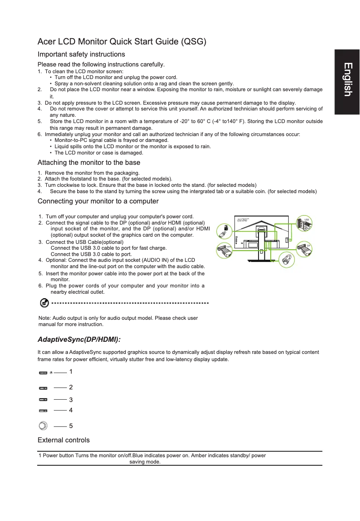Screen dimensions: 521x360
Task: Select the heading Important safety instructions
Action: click(x=81, y=54)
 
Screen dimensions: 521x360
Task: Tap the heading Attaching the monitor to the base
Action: click(x=89, y=163)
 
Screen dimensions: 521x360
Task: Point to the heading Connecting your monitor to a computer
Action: click(x=98, y=201)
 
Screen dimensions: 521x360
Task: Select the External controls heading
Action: click(x=64, y=440)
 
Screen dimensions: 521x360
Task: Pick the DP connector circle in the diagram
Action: click(x=305, y=249)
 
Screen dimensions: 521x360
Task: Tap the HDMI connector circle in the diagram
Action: click(x=224, y=250)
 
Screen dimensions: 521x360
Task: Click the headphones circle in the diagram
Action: click(x=223, y=230)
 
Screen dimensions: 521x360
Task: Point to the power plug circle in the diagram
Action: click(x=286, y=260)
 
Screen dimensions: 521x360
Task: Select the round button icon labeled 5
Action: click(x=43, y=426)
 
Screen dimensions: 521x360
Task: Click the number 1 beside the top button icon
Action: click(x=71, y=372)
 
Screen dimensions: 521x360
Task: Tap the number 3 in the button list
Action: click(x=71, y=399)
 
